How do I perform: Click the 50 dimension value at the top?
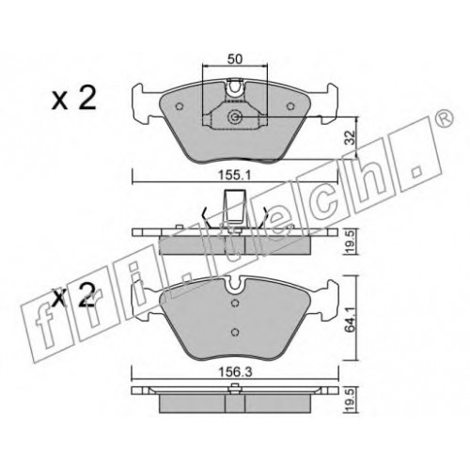[235, 59]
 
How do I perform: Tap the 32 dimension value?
[351, 137]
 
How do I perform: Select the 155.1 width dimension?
[235, 176]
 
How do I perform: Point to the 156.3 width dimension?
[235, 372]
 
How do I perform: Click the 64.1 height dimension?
[351, 319]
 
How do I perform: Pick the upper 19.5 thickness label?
[351, 242]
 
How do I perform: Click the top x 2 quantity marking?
[74, 99]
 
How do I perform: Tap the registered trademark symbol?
[445, 118]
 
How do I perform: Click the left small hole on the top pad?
[180, 106]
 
